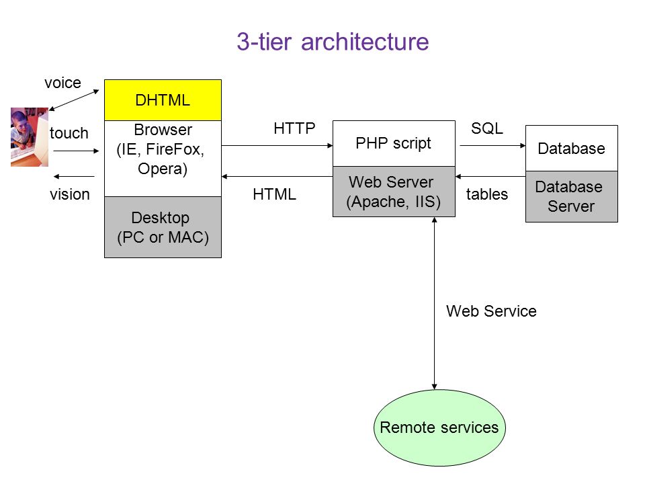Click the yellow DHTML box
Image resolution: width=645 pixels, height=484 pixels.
click(x=163, y=100)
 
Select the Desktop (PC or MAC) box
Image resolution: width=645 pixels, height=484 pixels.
click(x=163, y=227)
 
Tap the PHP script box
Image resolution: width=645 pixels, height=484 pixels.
click(x=394, y=143)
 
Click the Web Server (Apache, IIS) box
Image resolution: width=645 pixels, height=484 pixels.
click(x=394, y=192)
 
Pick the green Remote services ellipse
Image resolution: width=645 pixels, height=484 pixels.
click(x=439, y=428)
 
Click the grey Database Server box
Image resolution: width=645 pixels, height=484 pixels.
click(x=571, y=197)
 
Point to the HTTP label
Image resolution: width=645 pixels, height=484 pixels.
click(x=294, y=128)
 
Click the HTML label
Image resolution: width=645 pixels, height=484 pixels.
click(x=274, y=194)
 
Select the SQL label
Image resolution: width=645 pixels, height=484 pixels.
click(x=487, y=128)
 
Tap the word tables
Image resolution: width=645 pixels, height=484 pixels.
click(x=487, y=194)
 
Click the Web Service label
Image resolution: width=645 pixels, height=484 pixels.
click(x=491, y=311)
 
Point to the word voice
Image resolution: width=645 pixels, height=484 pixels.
click(x=62, y=83)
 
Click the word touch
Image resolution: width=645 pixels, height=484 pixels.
click(x=69, y=133)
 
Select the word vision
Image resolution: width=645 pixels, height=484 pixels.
click(x=69, y=194)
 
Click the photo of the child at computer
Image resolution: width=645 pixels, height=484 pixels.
click(x=30, y=137)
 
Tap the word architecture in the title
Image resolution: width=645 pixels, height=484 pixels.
click(x=365, y=42)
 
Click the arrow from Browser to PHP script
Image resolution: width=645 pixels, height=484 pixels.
click(x=277, y=145)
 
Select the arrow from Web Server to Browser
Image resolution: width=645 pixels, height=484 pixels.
click(x=277, y=177)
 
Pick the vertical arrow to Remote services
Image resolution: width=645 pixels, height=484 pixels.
click(x=435, y=303)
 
